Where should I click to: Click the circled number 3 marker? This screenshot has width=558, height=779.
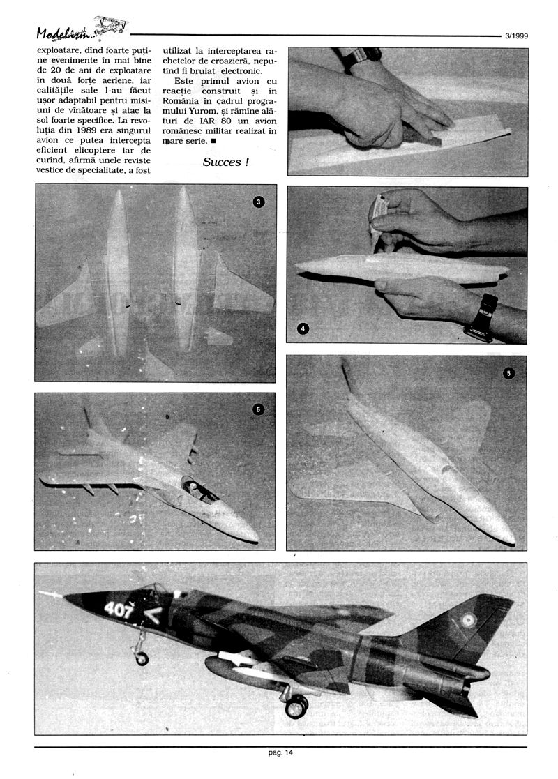259,202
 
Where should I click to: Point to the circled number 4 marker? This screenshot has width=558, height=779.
302,328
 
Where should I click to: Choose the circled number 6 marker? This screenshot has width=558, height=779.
259,409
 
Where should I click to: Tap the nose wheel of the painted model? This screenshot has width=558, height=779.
142,658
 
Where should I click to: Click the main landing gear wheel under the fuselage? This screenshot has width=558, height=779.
296,706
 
